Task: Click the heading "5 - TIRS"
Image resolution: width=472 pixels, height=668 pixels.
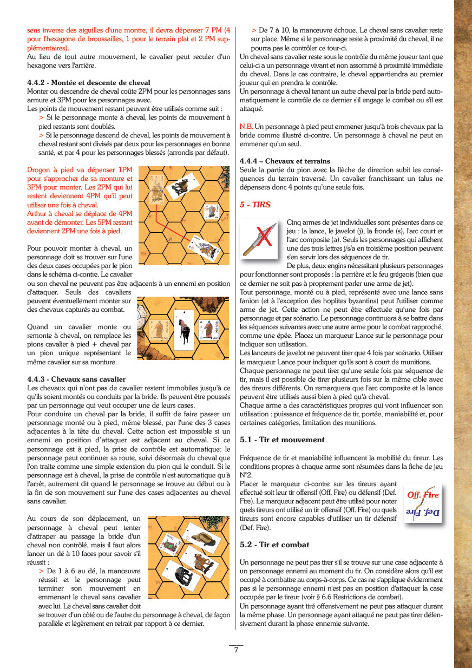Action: (255, 205)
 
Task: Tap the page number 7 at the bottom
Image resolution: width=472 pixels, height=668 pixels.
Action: (236, 650)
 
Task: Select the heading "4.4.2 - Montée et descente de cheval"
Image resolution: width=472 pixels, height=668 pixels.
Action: (89, 83)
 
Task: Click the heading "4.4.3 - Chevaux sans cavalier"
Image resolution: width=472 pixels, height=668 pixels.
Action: (76, 379)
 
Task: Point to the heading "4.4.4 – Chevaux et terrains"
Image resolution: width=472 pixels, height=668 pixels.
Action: (285, 161)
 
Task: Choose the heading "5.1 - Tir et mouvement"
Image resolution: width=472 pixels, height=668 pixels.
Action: (282, 440)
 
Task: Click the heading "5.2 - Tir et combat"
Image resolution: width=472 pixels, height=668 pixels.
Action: (274, 545)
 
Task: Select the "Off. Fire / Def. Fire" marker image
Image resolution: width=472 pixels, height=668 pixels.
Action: (423, 503)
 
